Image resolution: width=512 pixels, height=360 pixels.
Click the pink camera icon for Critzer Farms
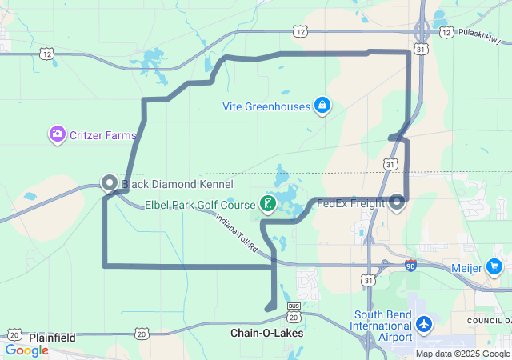click(x=57, y=134)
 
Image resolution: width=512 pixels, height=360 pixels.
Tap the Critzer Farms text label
click(x=103, y=135)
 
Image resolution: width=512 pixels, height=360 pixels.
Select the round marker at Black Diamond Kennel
click(x=110, y=182)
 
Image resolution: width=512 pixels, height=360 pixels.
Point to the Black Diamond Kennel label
click(x=166, y=183)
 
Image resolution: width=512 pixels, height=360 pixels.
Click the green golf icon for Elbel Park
click(x=269, y=204)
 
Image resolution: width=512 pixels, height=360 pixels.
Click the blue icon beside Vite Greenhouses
click(x=322, y=105)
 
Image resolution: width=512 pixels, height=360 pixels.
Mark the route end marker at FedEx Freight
click(x=398, y=202)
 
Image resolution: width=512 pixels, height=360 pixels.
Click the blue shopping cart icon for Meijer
click(x=494, y=267)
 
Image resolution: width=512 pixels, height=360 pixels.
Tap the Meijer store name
click(x=466, y=268)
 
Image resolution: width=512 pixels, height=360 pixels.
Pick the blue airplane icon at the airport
click(x=424, y=325)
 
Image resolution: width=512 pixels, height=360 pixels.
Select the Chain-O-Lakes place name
click(x=266, y=333)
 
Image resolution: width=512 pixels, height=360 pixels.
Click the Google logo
click(x=26, y=350)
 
